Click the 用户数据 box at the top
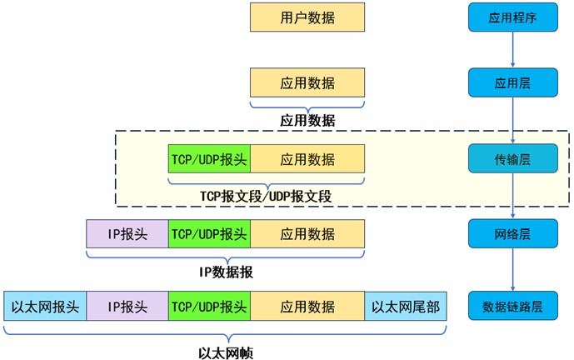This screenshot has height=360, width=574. [307, 17]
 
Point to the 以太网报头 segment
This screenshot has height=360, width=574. [45, 306]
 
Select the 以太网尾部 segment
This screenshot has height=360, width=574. [405, 306]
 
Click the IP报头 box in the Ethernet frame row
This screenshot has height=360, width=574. [127, 306]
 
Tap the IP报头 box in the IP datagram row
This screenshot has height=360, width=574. [127, 234]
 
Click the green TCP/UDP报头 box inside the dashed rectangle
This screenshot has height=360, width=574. [209, 159]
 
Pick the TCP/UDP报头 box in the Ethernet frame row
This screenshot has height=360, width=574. [209, 306]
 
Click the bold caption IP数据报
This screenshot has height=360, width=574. [226, 271]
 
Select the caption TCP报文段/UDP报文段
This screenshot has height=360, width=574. [266, 196]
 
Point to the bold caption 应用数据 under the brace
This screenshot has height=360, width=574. [307, 120]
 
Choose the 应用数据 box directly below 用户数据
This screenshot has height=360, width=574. [307, 83]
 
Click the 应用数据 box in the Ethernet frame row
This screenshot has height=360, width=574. [307, 306]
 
